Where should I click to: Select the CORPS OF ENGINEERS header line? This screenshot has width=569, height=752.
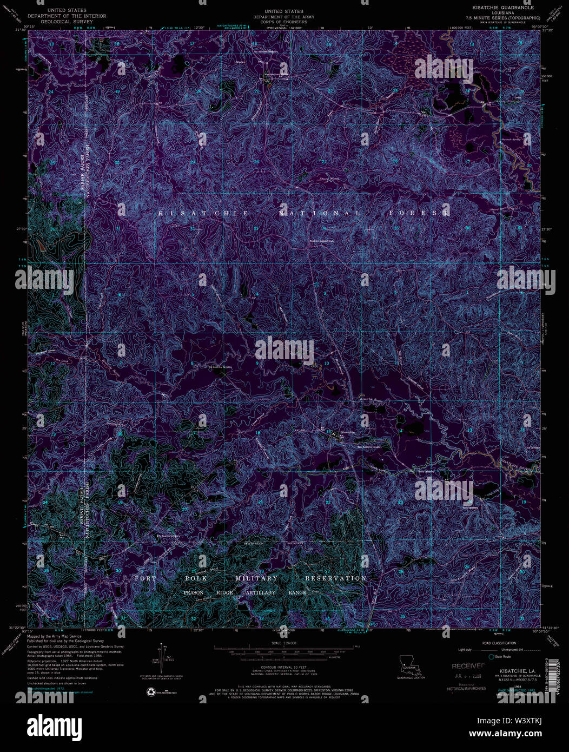pos(283,22)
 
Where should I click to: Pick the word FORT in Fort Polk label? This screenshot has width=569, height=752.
pos(145,578)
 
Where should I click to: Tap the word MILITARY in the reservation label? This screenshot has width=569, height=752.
pos(256,578)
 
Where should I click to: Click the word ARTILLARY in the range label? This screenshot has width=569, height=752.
pos(253,592)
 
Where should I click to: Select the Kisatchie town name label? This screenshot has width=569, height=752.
pos(347,433)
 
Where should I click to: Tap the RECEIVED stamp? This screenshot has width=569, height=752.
pos(468,666)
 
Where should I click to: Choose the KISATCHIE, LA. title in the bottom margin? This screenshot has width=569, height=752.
pos(509,671)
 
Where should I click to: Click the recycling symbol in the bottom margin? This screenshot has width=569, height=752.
pos(150,691)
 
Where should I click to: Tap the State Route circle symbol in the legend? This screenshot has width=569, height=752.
pos(492,657)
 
